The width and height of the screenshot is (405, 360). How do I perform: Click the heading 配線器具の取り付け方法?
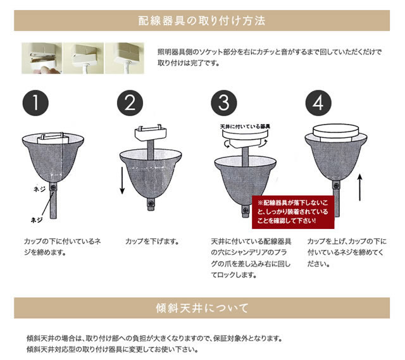202,21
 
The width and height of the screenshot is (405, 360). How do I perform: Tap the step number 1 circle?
35,102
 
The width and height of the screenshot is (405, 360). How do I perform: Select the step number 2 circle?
130,102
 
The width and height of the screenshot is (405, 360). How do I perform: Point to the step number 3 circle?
224,102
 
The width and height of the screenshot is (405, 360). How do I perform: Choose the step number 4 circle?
318,102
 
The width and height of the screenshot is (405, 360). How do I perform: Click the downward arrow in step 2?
122,180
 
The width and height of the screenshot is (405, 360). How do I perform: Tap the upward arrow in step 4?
360,187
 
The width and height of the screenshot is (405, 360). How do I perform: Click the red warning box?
293,212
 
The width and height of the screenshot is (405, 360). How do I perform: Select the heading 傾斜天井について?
202,308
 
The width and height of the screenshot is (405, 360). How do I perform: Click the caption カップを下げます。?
152,242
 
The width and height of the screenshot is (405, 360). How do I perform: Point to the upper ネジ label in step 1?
40,189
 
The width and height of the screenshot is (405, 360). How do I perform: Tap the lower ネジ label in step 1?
37,220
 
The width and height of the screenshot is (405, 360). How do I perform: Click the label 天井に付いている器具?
245,127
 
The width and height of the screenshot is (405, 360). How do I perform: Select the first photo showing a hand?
42,58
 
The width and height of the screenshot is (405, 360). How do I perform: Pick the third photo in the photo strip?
125,58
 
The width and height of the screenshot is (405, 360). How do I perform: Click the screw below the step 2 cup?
151,203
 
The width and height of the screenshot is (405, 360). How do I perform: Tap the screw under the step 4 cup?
336,185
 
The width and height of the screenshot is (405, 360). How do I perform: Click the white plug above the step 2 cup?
151,133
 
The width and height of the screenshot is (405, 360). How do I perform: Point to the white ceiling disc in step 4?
336,132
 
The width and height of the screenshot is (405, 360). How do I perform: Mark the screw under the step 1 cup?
53,187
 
